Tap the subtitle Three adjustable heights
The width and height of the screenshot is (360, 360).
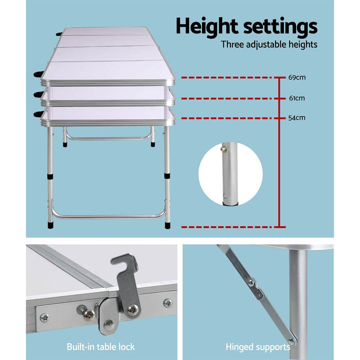coord(269,45)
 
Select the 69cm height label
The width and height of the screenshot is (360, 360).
coord(297,77)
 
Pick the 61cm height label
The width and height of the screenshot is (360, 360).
coord(297,98)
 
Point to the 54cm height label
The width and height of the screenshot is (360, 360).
coord(297,118)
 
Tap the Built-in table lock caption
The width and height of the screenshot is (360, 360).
coord(100,347)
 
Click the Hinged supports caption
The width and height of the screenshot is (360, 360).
coord(258,347)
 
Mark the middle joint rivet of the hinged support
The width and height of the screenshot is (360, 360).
coord(250,283)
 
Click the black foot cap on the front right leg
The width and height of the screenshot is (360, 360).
coord(167,223)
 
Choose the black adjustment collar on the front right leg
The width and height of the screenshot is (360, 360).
coord(167,177)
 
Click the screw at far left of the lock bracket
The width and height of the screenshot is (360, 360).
coord(44,318)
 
